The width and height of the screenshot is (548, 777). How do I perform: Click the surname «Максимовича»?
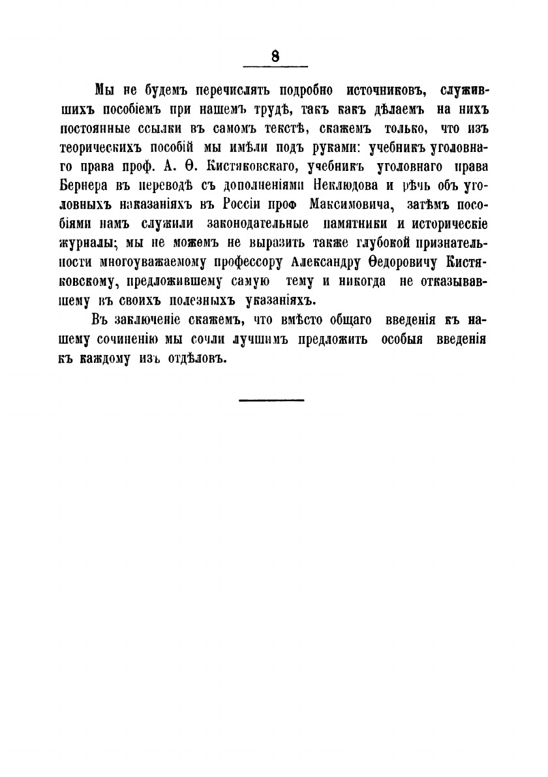pyautogui.click(x=342, y=204)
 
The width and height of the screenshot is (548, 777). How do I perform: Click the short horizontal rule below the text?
pyautogui.click(x=271, y=399)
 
